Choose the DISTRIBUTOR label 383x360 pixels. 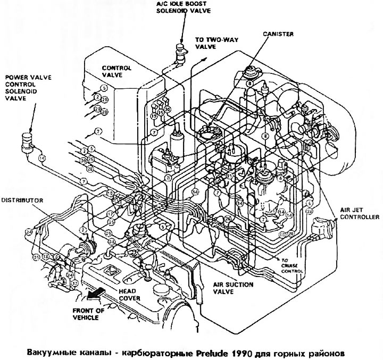22,200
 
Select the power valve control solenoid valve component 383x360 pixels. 25,141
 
